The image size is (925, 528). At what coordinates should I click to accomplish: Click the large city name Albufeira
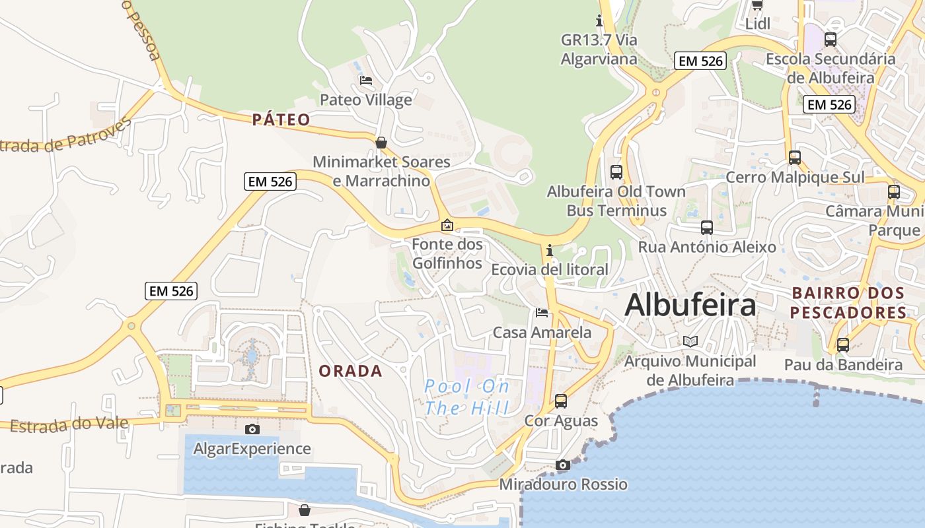(x=690, y=305)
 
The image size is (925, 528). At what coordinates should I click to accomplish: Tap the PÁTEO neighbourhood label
(x=281, y=119)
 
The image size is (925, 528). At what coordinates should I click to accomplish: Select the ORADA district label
(x=350, y=371)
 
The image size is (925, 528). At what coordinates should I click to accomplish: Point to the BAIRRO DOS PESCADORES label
(x=848, y=302)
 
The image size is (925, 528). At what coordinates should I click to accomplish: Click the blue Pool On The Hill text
(x=467, y=397)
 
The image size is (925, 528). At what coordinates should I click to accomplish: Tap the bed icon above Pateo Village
(x=365, y=81)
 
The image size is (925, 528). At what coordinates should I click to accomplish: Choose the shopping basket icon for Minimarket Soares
(x=381, y=143)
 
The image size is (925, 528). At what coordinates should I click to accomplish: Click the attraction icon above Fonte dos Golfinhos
(x=447, y=225)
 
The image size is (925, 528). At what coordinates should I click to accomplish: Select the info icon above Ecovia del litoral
(x=549, y=250)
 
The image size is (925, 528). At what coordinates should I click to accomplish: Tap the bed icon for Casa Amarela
(x=542, y=313)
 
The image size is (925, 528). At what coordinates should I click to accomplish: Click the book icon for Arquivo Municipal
(x=690, y=341)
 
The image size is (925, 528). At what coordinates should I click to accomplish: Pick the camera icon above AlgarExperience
(x=252, y=429)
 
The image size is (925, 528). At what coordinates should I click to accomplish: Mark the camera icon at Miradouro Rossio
(x=563, y=465)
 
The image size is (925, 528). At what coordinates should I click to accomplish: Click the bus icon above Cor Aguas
(x=561, y=401)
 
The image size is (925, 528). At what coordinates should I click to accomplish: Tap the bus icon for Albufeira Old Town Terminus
(x=616, y=172)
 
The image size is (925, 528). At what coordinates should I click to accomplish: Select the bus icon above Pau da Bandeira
(x=843, y=345)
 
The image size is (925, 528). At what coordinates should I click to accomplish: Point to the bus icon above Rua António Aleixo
(x=707, y=228)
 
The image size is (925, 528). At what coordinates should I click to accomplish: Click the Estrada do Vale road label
(x=69, y=424)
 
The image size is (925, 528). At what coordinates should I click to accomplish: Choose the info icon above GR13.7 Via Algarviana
(x=599, y=20)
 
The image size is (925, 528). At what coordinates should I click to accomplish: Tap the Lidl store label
(x=758, y=24)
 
